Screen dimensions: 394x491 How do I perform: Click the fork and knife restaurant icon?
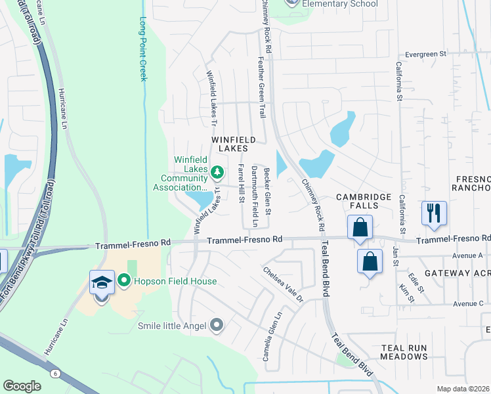(434, 213)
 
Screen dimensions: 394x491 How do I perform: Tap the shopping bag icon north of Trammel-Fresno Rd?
(360, 228)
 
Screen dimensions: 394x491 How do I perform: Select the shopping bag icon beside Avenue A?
(370, 261)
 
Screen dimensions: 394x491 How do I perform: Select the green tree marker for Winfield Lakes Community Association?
(217, 173)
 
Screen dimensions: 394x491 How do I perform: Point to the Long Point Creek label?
(142, 49)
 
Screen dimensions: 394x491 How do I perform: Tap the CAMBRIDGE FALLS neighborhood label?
(364, 202)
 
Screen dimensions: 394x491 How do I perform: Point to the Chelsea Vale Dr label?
(283, 284)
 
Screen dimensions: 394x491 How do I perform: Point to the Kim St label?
(407, 294)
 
